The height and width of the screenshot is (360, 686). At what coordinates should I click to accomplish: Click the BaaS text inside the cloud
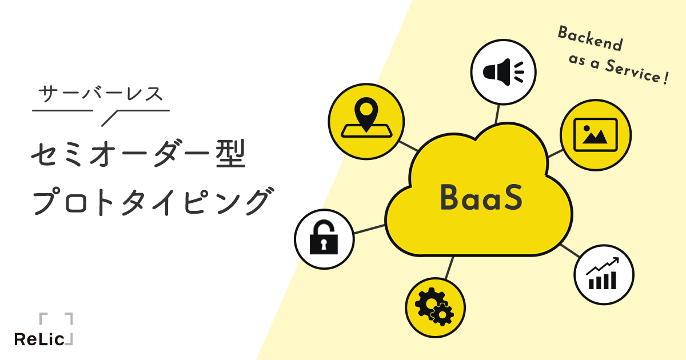click(481, 198)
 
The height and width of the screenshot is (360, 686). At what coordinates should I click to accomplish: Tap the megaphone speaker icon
click(502, 71)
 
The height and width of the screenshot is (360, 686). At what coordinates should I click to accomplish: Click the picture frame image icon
click(595, 135)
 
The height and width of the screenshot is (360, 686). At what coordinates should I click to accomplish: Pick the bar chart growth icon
click(603, 274)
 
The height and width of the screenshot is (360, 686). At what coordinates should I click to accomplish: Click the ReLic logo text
click(39, 339)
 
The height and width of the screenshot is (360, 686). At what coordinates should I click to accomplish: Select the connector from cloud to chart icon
click(569, 250)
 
